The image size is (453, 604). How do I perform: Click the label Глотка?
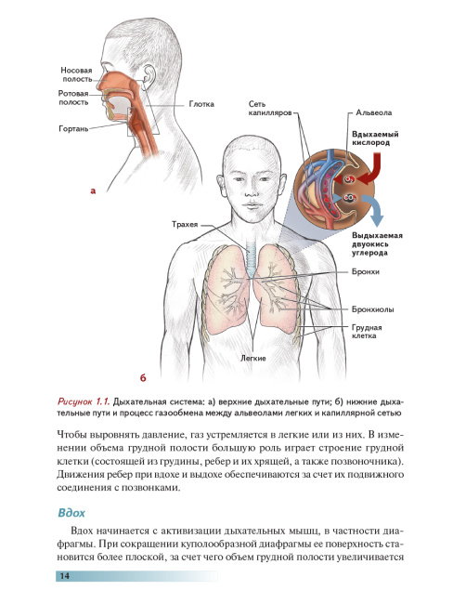(201, 104)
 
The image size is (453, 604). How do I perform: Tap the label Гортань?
(73, 128)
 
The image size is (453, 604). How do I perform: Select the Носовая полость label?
(77, 74)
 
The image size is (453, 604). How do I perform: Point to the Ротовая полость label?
(73, 98)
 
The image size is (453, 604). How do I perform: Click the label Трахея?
(185, 224)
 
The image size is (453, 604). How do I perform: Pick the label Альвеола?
(374, 112)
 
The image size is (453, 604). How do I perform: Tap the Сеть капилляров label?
(270, 109)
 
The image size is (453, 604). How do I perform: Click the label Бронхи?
(366, 271)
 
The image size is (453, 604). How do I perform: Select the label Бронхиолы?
(372, 309)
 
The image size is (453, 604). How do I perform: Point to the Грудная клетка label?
(367, 332)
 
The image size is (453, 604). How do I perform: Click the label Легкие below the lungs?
(253, 359)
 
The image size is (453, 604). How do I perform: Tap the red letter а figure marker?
(93, 190)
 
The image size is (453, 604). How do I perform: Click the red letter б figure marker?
(143, 378)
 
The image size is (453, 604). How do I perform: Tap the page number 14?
(65, 576)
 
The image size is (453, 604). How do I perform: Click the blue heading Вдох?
(71, 513)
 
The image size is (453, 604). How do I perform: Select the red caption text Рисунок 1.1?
(84, 401)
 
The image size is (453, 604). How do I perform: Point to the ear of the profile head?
(149, 77)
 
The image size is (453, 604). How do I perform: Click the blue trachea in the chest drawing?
(251, 258)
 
